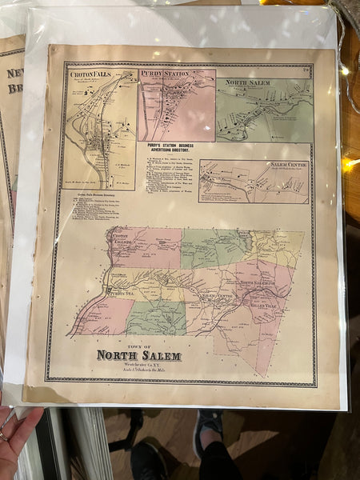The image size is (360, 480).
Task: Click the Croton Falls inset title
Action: point(90,74)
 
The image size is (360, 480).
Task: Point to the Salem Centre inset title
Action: point(289,163)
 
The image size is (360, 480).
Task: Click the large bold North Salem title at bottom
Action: point(138,355)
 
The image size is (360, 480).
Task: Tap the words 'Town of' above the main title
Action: point(138,345)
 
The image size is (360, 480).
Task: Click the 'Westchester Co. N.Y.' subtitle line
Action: point(138,364)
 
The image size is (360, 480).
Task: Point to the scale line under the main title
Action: point(138,370)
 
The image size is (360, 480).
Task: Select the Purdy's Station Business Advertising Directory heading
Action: point(170,150)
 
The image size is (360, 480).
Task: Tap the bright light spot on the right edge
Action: point(350,164)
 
